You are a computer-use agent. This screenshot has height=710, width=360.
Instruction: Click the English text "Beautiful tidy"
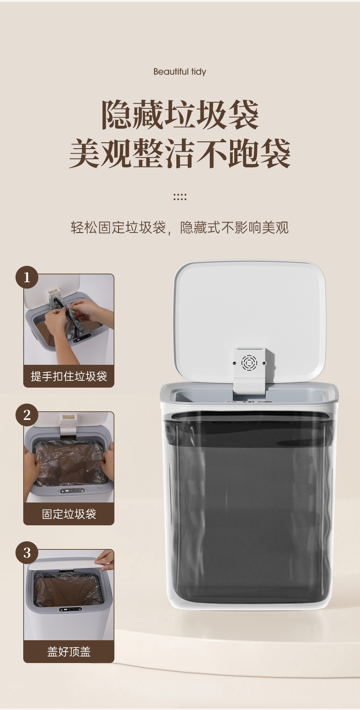point(180,72)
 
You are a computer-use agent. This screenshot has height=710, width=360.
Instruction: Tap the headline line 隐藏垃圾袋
point(180,115)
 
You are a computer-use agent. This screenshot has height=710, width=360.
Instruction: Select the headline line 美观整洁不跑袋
point(180,153)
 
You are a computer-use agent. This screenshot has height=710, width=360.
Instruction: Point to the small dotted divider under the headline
point(180,197)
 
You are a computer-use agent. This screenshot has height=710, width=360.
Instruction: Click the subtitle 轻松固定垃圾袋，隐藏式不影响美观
point(180,228)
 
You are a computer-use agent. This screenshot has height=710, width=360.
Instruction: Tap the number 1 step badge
point(27,277)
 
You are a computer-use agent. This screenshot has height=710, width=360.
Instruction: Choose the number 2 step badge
point(27,415)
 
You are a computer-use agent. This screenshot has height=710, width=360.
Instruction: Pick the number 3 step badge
point(27,553)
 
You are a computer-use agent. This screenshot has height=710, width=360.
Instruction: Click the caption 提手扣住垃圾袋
point(69,376)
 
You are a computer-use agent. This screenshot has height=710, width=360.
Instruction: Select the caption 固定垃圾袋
point(69,514)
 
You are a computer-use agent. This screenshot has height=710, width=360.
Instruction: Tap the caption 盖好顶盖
point(69,652)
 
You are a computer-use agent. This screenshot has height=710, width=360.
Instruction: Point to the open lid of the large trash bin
point(250,320)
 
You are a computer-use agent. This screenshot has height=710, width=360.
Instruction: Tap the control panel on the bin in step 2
point(72,491)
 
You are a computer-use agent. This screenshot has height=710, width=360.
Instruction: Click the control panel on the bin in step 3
point(70,609)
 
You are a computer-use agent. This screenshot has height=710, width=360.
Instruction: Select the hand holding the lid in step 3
point(105,560)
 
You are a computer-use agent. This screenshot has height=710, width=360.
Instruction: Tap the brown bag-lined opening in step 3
point(68,590)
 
